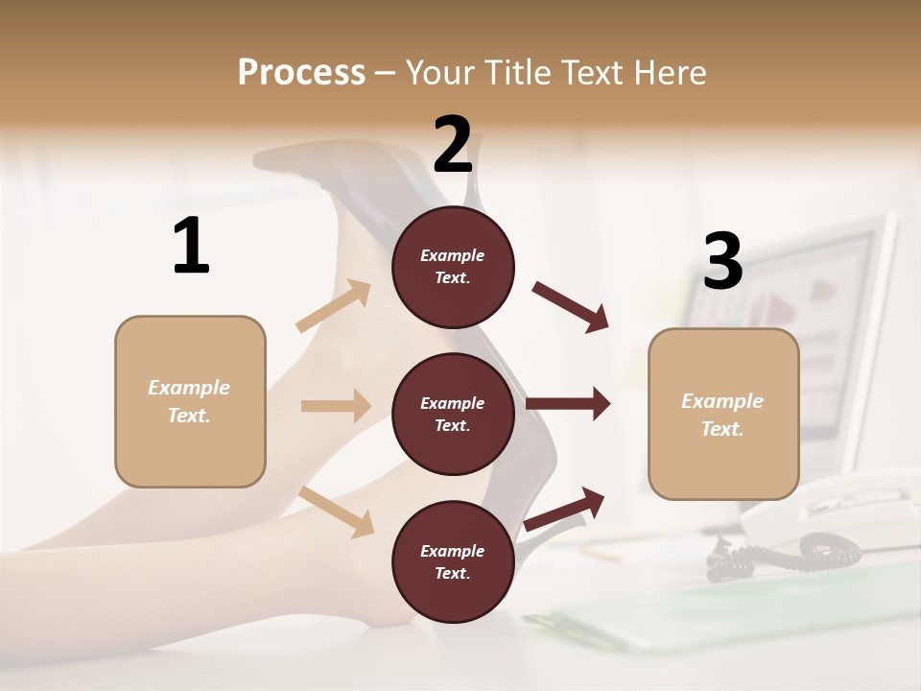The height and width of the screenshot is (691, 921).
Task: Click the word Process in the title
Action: click(301, 72)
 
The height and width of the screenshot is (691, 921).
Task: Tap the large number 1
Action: click(191, 246)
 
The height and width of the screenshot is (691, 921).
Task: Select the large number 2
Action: click(453, 144)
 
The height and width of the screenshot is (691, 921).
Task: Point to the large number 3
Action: click(722, 261)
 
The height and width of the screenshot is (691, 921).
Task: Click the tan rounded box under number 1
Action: click(190, 401)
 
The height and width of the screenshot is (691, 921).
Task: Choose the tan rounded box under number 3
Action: click(723, 414)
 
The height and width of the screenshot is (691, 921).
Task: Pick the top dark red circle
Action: click(453, 267)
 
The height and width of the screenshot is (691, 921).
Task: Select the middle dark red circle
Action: click(453, 414)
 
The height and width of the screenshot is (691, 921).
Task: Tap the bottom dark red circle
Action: click(453, 561)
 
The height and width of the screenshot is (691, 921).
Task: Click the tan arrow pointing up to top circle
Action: click(334, 305)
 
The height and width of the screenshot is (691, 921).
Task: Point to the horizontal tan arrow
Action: click(336, 406)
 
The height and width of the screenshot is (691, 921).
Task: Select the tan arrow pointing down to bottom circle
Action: click(337, 512)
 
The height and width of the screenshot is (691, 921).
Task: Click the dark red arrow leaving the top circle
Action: click(571, 306)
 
